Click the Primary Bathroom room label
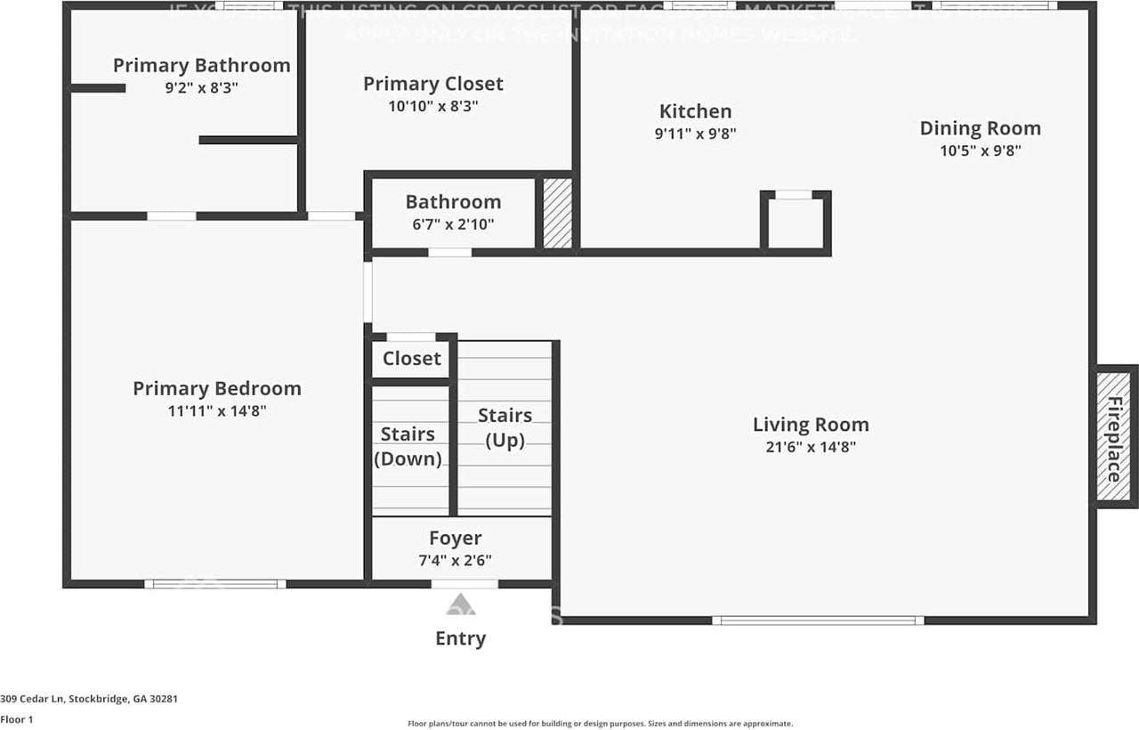(x=202, y=65)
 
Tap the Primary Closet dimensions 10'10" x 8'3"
(x=433, y=106)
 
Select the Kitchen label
(x=695, y=111)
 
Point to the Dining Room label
(x=980, y=128)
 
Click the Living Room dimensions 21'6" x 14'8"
(x=811, y=447)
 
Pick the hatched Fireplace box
(x=1113, y=438)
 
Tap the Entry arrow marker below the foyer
(x=460, y=604)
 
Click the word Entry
(x=460, y=638)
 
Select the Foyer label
(x=455, y=538)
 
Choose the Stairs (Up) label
(x=505, y=427)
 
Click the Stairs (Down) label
(x=408, y=446)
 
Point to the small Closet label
(x=411, y=358)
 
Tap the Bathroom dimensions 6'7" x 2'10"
(x=453, y=224)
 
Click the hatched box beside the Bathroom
(x=558, y=214)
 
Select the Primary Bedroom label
(x=217, y=388)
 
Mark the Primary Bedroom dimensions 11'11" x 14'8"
(x=217, y=410)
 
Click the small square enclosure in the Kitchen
(x=796, y=223)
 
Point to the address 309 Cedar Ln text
(x=89, y=699)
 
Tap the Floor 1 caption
(x=16, y=719)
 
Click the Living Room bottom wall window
(x=818, y=620)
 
